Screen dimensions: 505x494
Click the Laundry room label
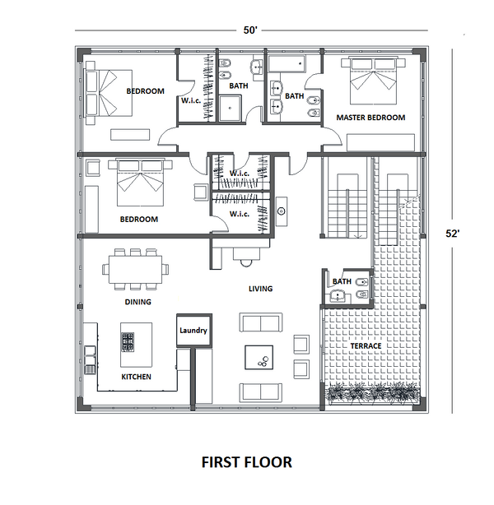(x=193, y=331)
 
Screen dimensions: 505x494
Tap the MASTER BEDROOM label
(x=370, y=118)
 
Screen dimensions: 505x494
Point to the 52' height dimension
(x=452, y=233)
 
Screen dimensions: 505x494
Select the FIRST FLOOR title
(x=247, y=462)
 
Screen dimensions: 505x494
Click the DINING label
(x=137, y=302)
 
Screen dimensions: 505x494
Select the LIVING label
(x=260, y=289)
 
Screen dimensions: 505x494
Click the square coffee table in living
(x=262, y=357)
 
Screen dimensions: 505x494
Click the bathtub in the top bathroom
(x=287, y=63)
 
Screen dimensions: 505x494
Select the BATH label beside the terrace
(x=342, y=281)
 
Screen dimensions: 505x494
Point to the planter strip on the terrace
(x=370, y=396)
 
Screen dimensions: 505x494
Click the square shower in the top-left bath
(x=231, y=107)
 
